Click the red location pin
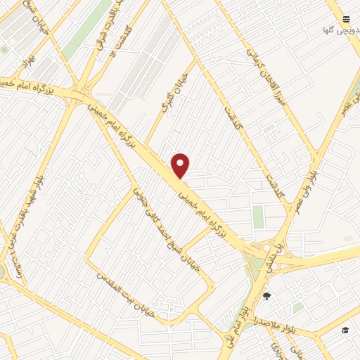click(x=181, y=165)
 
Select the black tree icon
click(x=266, y=296)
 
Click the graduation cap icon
click(x=345, y=330)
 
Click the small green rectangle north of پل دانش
click(x=259, y=216)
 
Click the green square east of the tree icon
click(x=298, y=307)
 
